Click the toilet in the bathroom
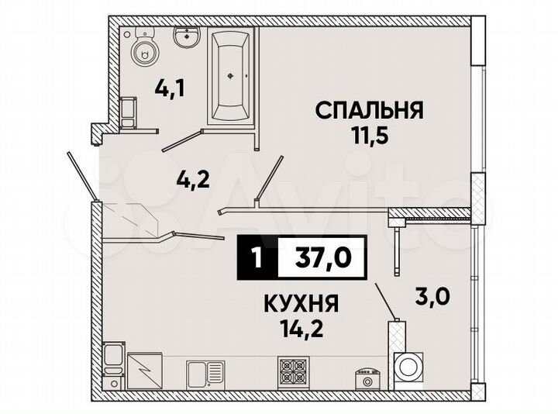pyautogui.click(x=144, y=47)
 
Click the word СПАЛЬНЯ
pyautogui.click(x=368, y=111)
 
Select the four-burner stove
pyautogui.click(x=294, y=371)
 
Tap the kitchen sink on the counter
pyautogui.click(x=205, y=373)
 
